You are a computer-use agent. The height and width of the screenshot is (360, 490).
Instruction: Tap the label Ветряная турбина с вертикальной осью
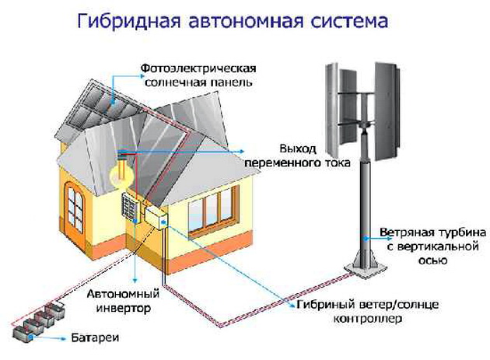coord(427,246)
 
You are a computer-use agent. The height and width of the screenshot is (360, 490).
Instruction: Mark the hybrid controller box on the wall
coord(158,218)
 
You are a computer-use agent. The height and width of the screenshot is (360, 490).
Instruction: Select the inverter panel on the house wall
coord(129,205)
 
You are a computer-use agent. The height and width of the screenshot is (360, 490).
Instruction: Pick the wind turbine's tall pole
coord(363,202)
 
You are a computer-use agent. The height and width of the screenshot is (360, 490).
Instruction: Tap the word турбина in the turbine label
coord(448,232)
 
